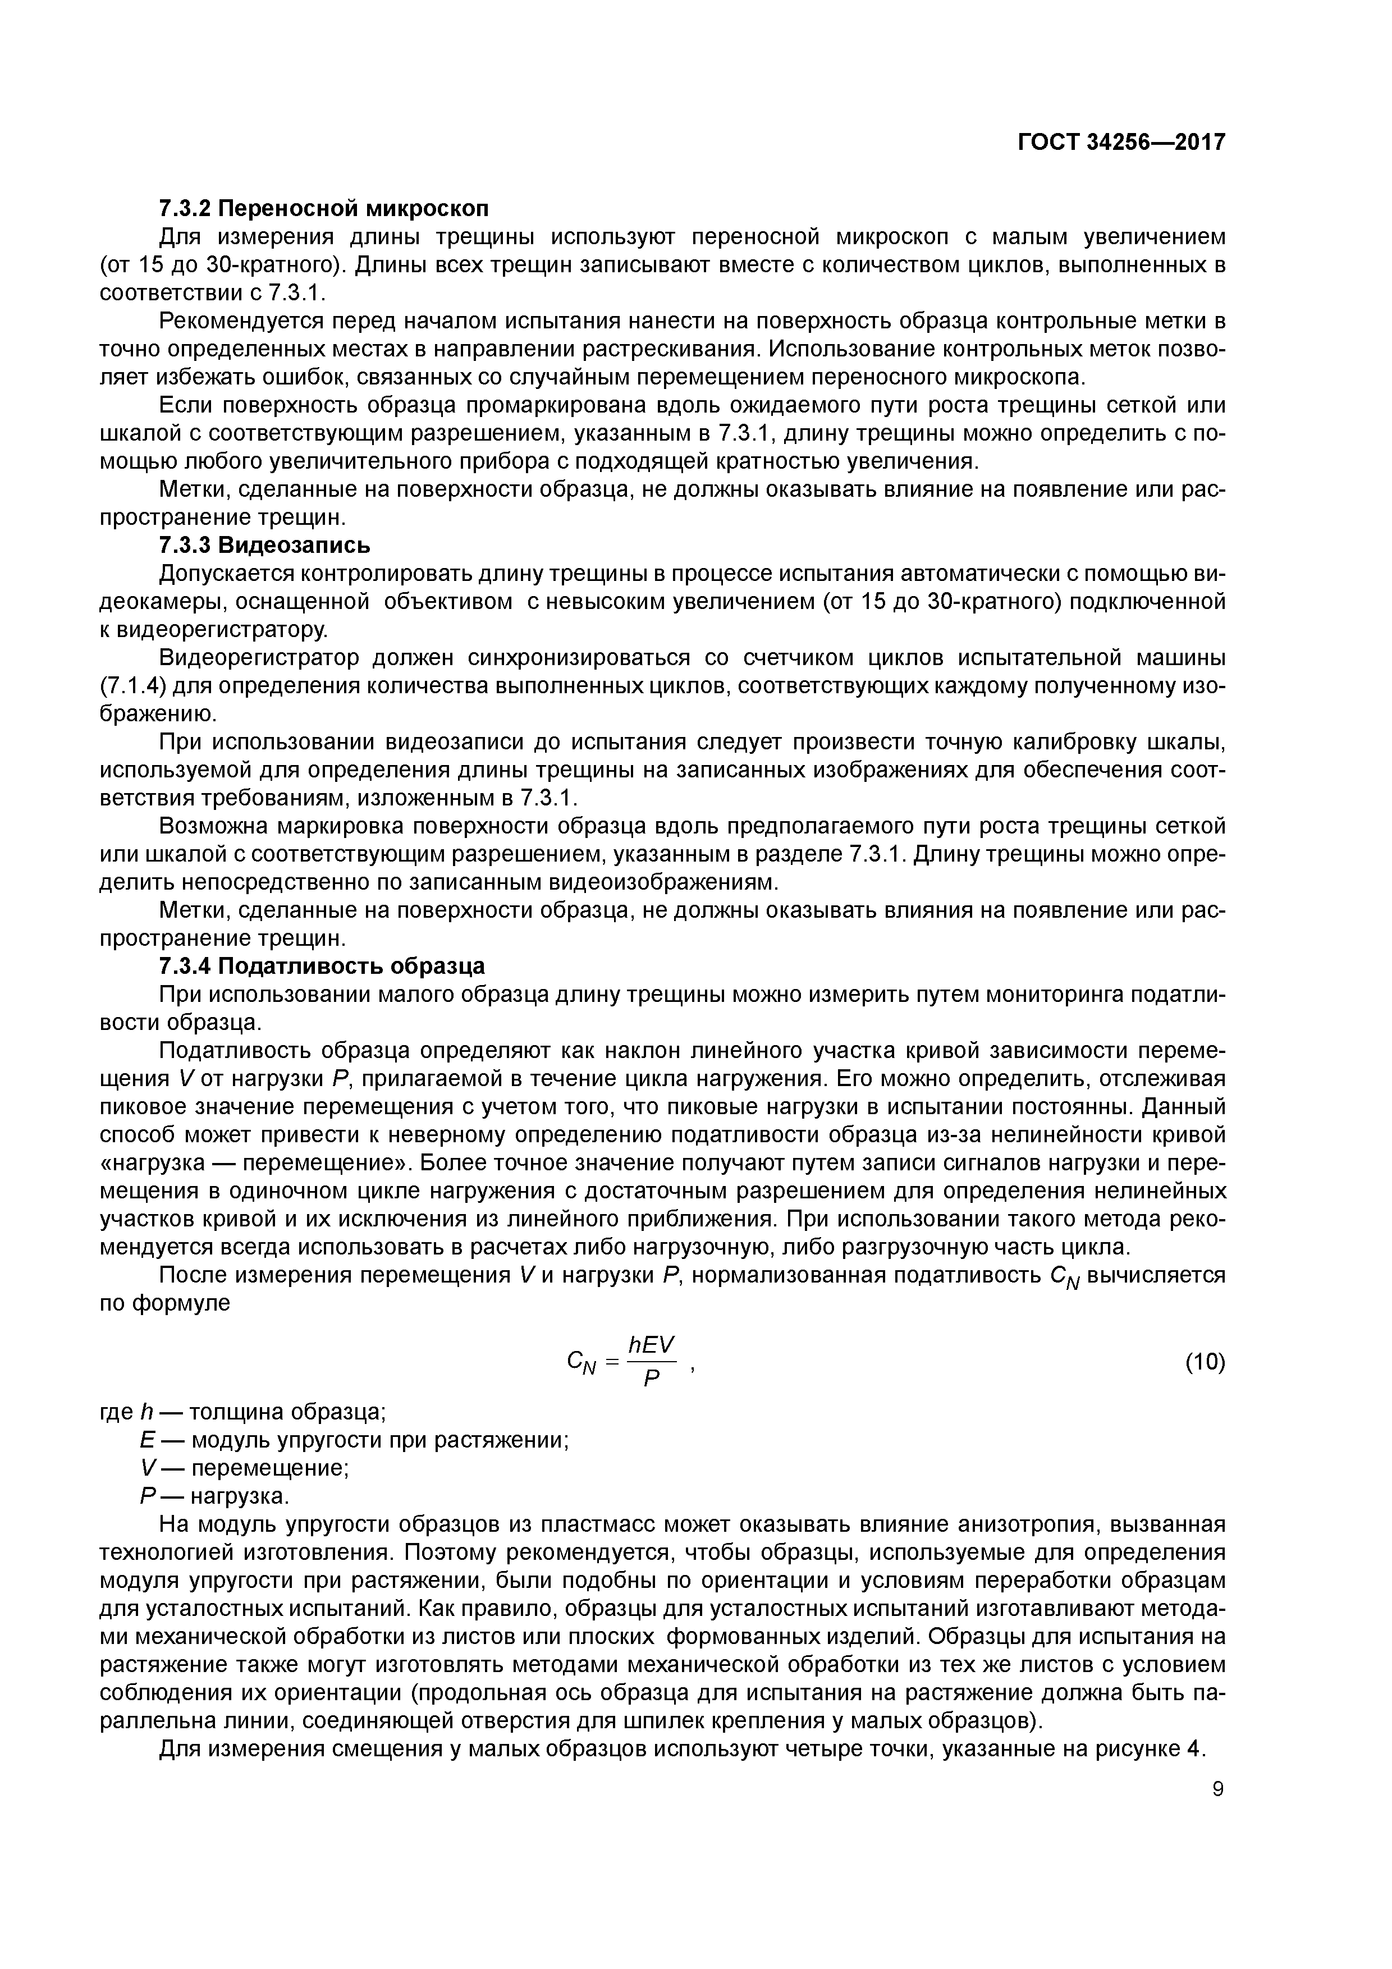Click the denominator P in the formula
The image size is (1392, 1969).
652,1379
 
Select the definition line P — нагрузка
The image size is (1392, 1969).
214,1496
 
